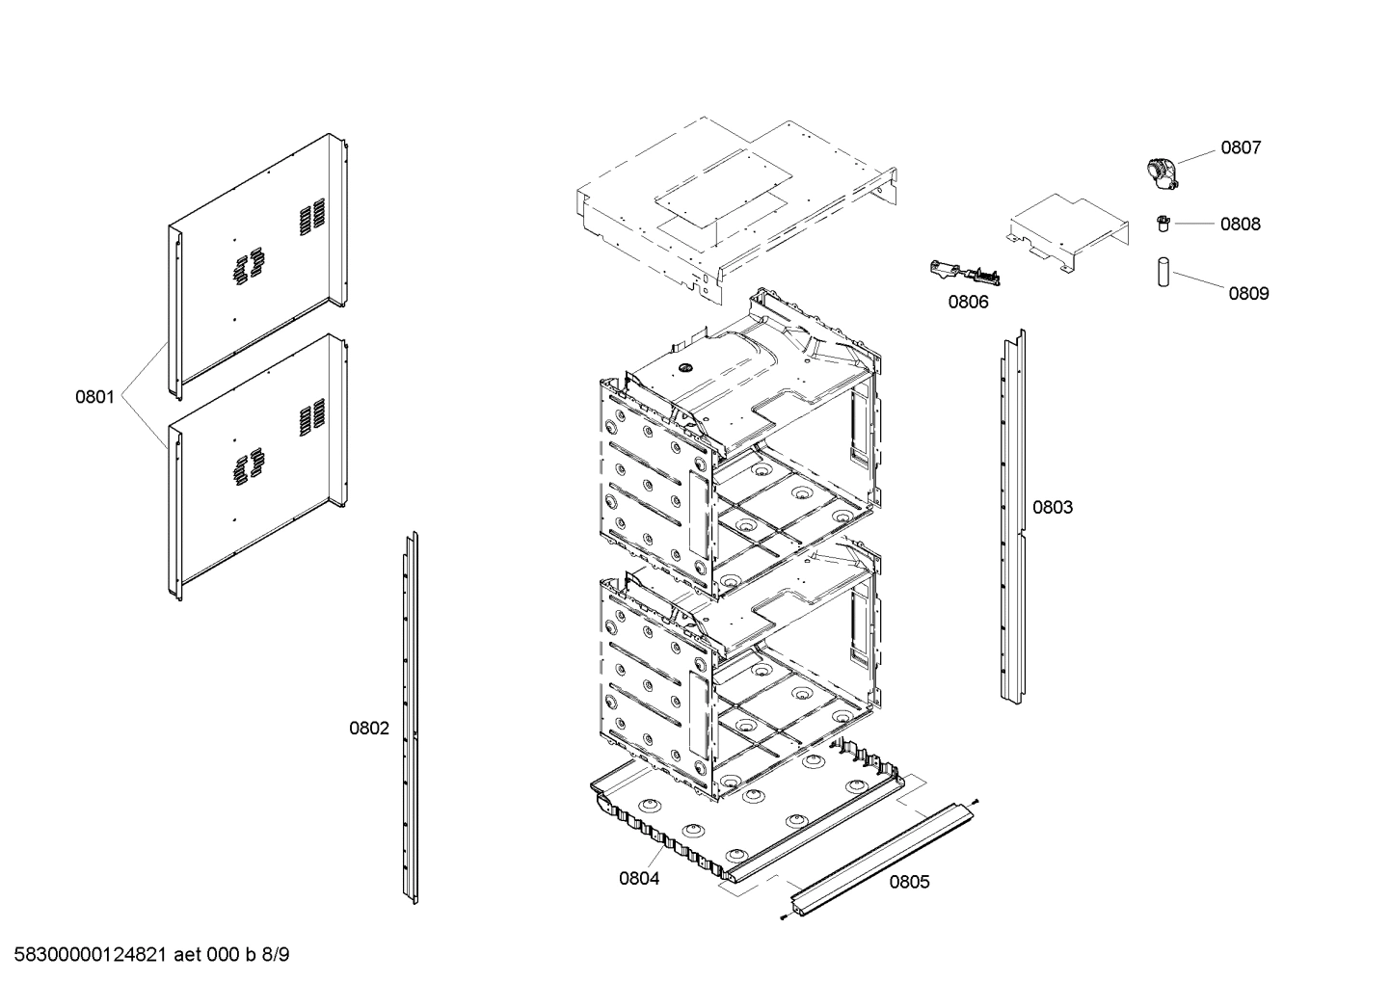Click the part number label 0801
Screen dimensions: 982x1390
click(x=95, y=396)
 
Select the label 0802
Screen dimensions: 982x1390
click(x=369, y=728)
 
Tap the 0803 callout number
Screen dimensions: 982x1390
click(x=1053, y=507)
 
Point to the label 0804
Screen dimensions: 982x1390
click(x=639, y=878)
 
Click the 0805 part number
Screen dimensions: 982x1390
click(x=909, y=882)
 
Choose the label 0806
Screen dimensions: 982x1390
click(x=968, y=302)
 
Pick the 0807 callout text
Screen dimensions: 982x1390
click(x=1241, y=147)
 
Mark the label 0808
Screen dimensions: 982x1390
click(x=1240, y=224)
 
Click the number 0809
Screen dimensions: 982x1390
click(x=1248, y=293)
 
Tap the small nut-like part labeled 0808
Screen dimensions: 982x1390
click(x=1163, y=224)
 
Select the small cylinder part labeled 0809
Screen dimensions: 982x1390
click(x=1163, y=272)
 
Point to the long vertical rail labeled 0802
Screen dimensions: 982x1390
click(x=410, y=718)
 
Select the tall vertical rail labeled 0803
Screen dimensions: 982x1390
click(x=1011, y=516)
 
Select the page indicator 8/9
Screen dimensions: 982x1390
click(x=276, y=955)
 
